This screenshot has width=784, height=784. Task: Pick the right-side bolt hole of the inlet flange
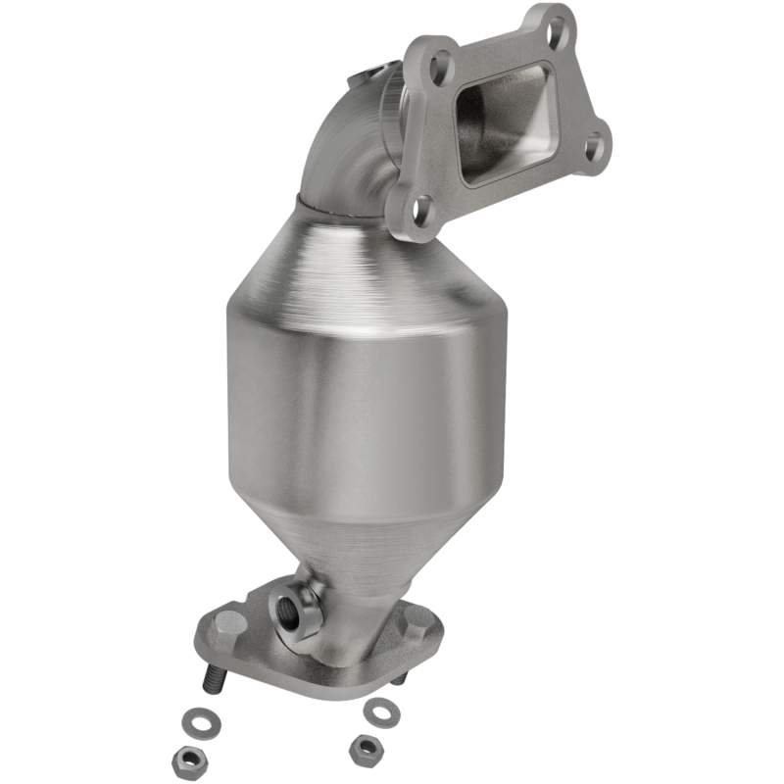point(594,148)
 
